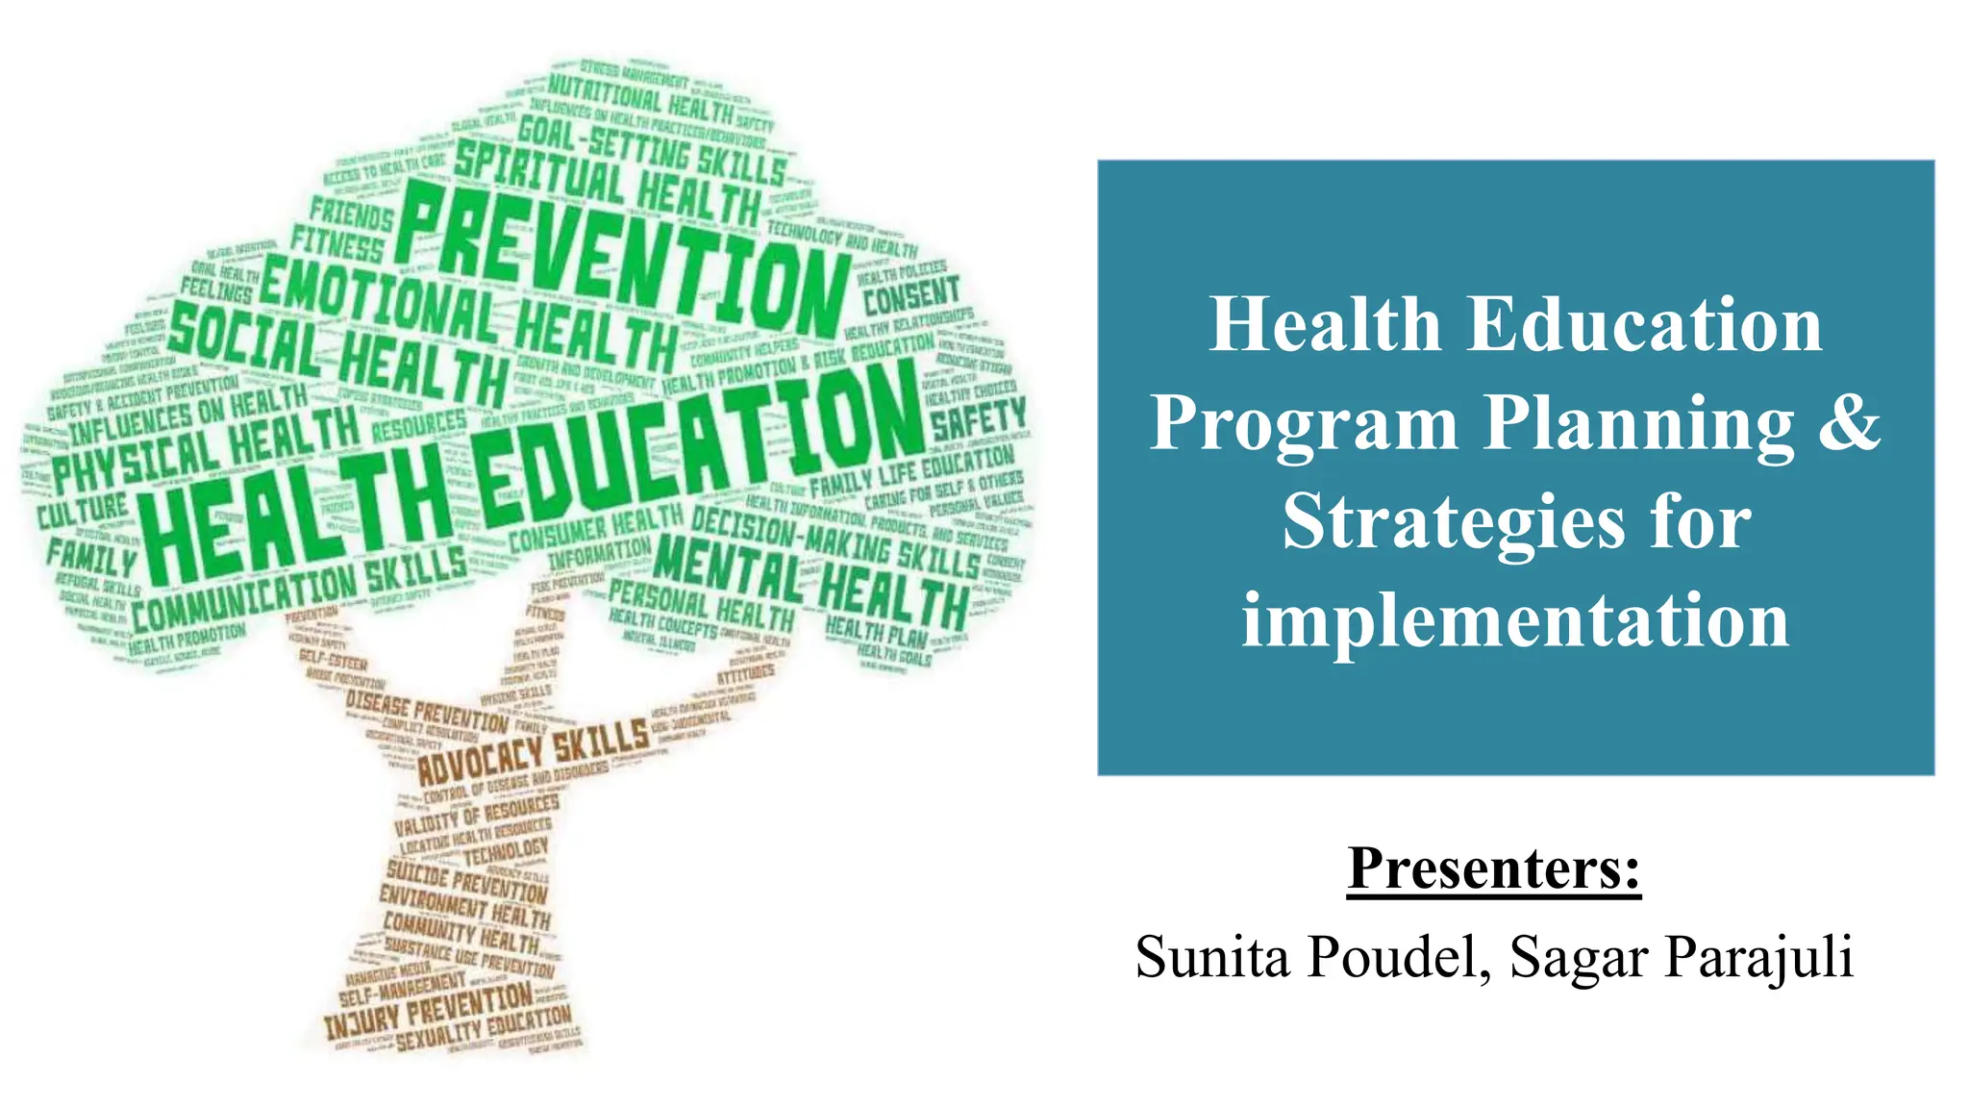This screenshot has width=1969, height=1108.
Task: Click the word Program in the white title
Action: (x=1303, y=424)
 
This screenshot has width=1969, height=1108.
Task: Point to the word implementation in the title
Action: (x=1515, y=620)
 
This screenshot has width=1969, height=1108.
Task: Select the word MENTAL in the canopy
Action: (x=726, y=567)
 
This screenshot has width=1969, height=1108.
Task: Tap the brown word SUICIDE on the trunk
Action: (x=416, y=875)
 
